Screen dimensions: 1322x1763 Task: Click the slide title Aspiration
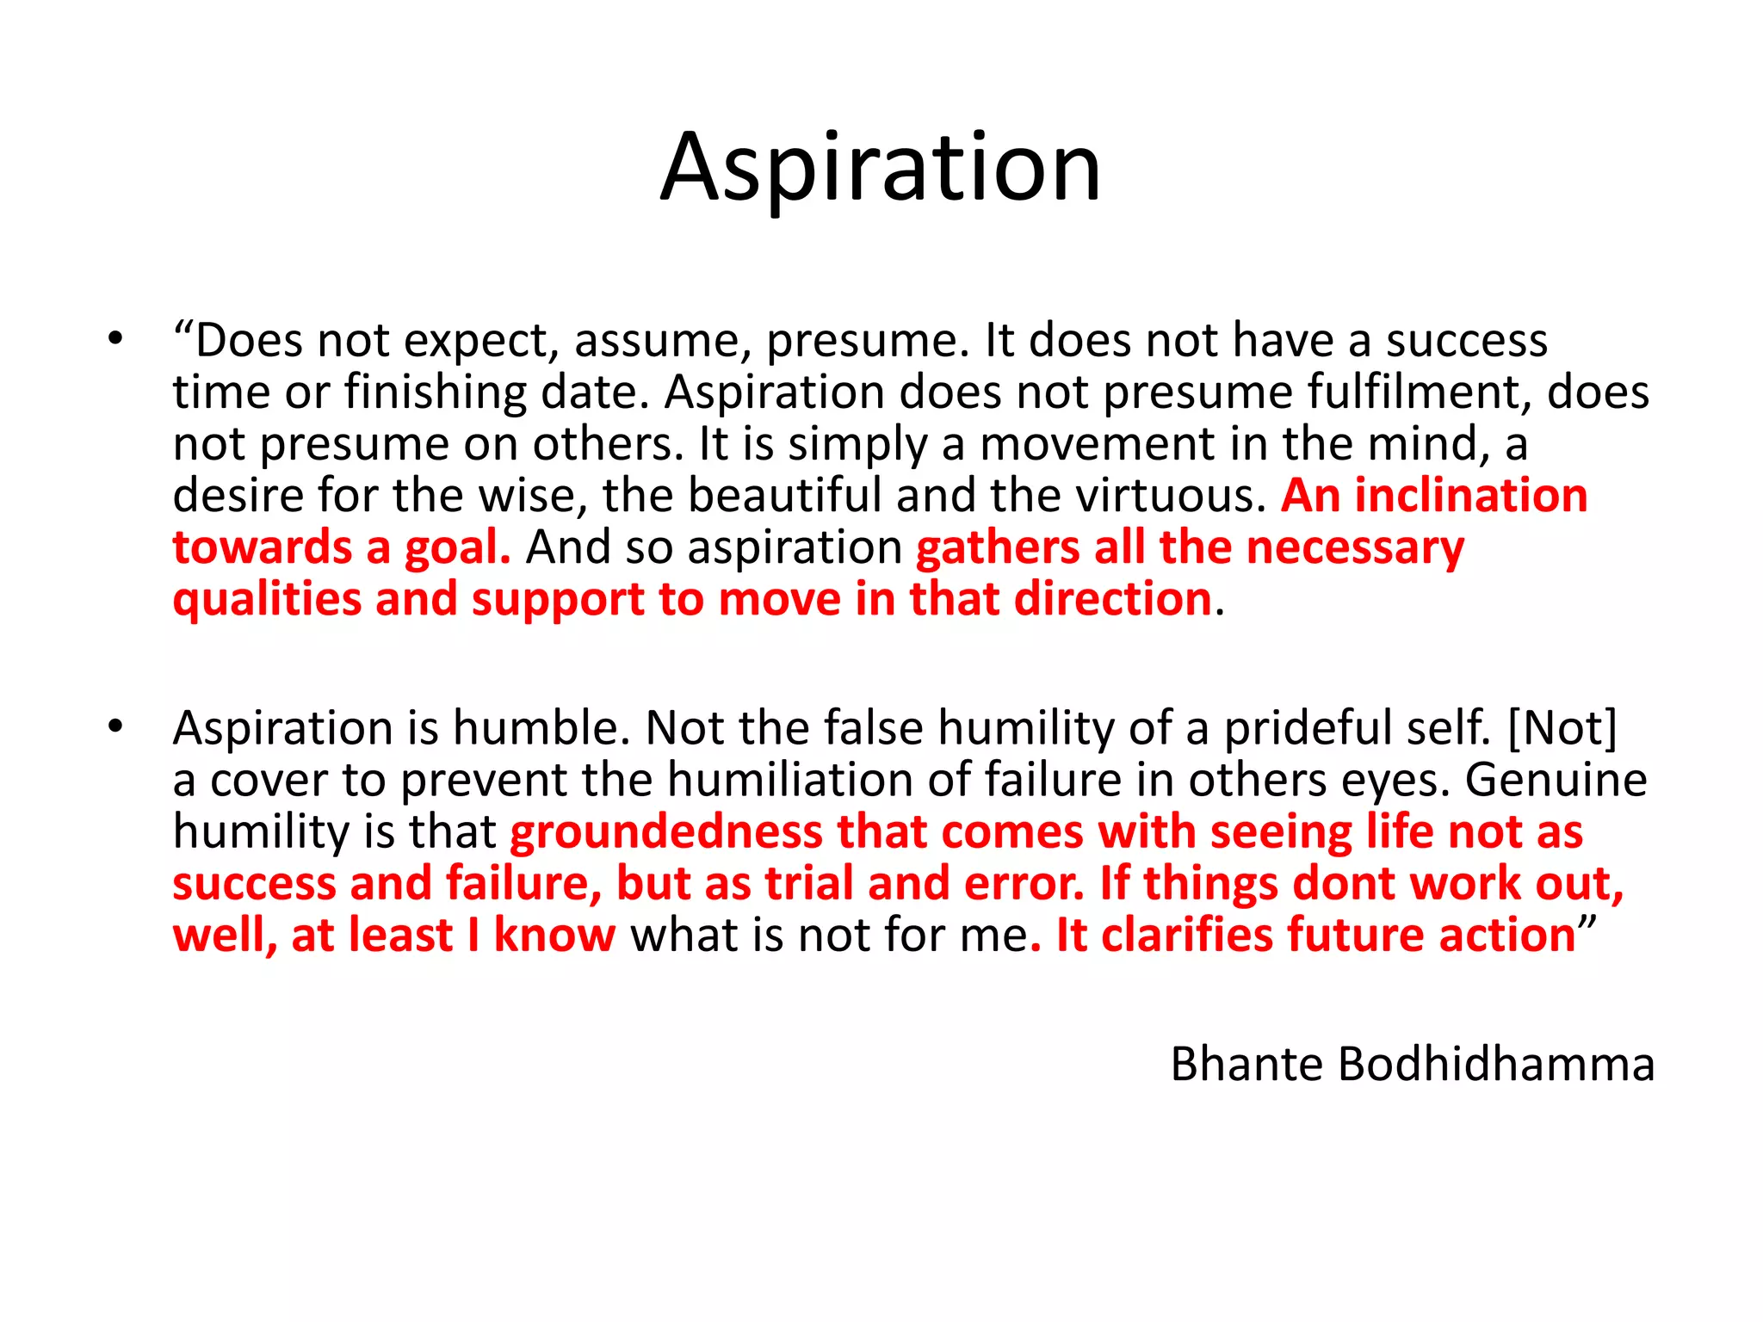(881, 168)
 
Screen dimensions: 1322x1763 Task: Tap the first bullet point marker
(116, 339)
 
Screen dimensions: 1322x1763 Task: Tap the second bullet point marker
(116, 726)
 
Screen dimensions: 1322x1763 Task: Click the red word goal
(457, 548)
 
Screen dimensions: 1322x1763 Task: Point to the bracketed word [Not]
(1562, 728)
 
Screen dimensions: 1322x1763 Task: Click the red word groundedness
(666, 832)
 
